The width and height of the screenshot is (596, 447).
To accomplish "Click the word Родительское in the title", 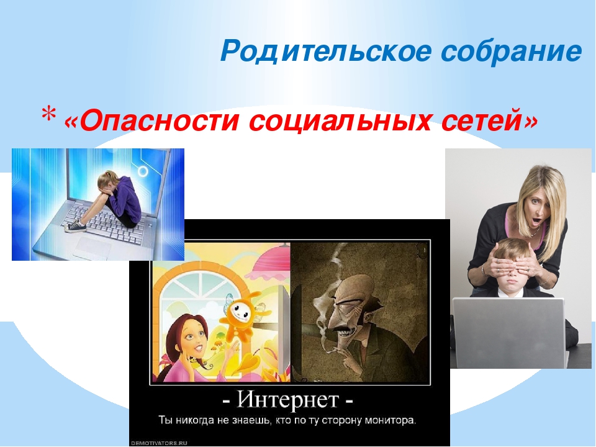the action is [326, 52].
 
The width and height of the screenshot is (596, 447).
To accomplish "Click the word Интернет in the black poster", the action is [287, 399].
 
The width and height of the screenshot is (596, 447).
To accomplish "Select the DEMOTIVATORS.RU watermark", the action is [160, 443].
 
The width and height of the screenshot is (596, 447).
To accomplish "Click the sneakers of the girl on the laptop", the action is [73, 226].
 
